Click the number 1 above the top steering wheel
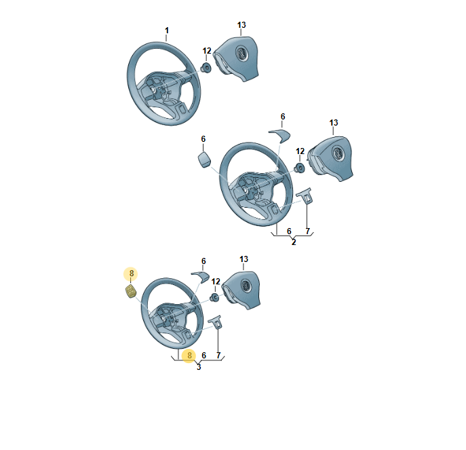point(167,31)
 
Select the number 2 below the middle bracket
point(294,242)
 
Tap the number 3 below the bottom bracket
point(199,367)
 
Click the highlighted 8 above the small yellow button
point(131,274)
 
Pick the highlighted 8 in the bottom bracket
point(189,356)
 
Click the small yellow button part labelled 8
point(130,291)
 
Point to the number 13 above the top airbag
point(241,25)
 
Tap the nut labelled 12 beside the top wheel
point(206,67)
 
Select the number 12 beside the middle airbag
point(300,151)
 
